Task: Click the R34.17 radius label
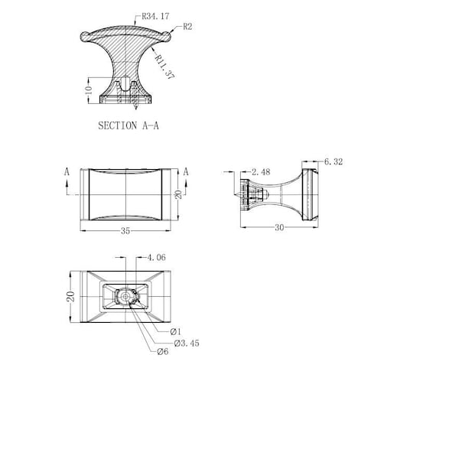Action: pyautogui.click(x=155, y=16)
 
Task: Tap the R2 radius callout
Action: pyautogui.click(x=187, y=27)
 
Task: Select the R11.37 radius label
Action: pyautogui.click(x=164, y=67)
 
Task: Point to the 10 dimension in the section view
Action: pyautogui.click(x=89, y=90)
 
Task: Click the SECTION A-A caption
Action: pyautogui.click(x=129, y=125)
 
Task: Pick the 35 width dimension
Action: pyautogui.click(x=125, y=231)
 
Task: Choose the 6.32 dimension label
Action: pyautogui.click(x=334, y=161)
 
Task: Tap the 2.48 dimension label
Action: pyautogui.click(x=261, y=172)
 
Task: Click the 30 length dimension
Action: pyautogui.click(x=279, y=227)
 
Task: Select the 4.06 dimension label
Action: pyautogui.click(x=156, y=258)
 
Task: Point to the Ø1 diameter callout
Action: pyautogui.click(x=176, y=332)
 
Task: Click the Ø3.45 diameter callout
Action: pyautogui.click(x=187, y=343)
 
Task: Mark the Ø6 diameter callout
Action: pyautogui.click(x=163, y=351)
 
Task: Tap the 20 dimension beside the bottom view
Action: pyautogui.click(x=71, y=297)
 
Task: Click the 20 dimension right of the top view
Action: pyautogui.click(x=178, y=194)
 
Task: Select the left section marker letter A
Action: pyautogui.click(x=67, y=172)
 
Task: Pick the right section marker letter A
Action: pyautogui.click(x=186, y=172)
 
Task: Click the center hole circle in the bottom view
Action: pyautogui.click(x=125, y=297)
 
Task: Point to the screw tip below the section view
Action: pyautogui.click(x=135, y=107)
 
